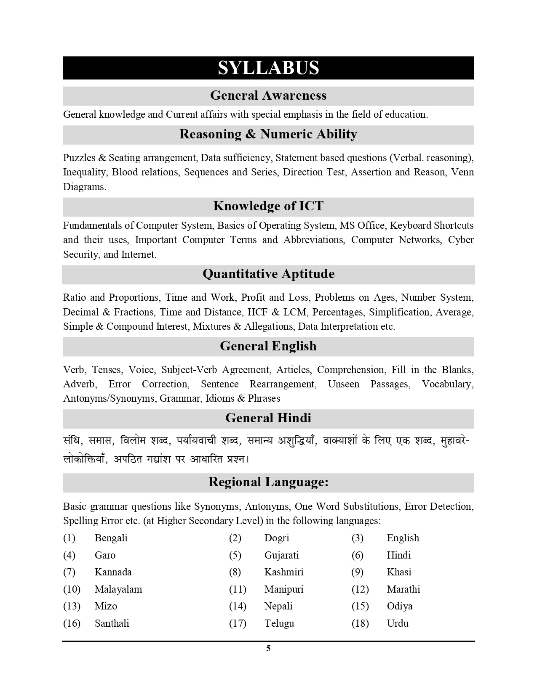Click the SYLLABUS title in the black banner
[268, 68]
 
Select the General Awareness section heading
[268, 95]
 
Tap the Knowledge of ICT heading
[268, 206]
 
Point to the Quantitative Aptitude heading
[268, 274]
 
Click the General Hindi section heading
[268, 418]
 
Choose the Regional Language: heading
[268, 482]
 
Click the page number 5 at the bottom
[268, 648]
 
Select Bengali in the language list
[111, 538]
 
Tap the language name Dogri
[277, 538]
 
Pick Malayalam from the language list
[118, 589]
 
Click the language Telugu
[279, 623]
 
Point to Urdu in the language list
[398, 623]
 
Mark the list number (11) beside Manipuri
[238, 589]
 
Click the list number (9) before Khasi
[357, 572]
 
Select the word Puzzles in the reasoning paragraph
[79, 158]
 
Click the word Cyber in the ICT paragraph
[461, 240]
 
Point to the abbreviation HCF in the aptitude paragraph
[258, 312]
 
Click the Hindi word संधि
[73, 441]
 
